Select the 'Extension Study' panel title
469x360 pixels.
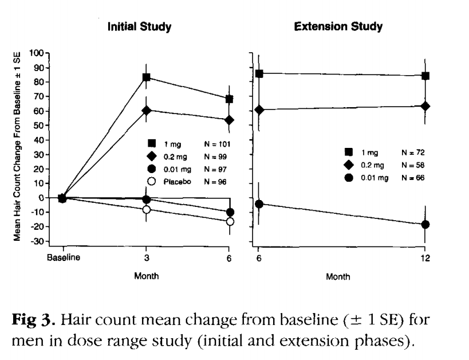(339, 27)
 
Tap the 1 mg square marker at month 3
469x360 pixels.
(147, 77)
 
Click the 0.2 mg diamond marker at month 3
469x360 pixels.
(147, 110)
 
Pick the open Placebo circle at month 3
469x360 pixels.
(147, 209)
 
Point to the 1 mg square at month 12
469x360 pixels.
(425, 76)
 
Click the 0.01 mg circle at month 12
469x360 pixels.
(425, 224)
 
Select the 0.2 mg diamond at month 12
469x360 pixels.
(425, 106)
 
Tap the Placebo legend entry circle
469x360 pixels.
(152, 181)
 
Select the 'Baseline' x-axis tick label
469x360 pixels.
(62, 257)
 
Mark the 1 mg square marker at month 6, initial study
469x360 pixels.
(230, 99)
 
